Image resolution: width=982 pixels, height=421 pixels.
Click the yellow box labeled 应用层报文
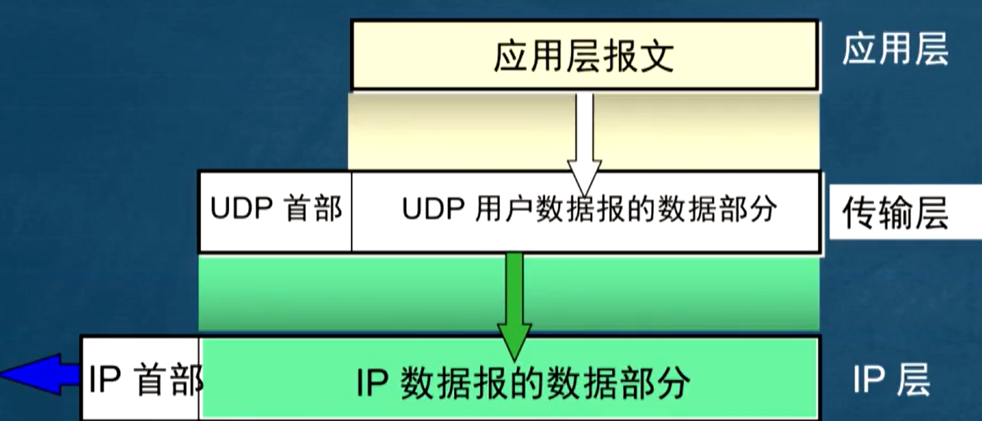(584, 55)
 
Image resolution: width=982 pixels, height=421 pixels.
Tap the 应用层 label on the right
(895, 50)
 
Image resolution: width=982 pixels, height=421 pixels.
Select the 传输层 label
(895, 214)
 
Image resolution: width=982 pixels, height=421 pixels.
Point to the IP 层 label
(891, 380)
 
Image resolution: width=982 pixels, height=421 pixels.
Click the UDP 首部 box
(275, 211)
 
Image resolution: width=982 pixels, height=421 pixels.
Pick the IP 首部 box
(141, 379)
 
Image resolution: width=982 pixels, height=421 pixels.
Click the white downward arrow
(584, 143)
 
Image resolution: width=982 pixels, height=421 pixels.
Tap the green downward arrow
(514, 303)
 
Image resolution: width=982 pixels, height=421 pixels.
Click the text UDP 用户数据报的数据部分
(589, 210)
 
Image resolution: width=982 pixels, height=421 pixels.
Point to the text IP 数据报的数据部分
(523, 382)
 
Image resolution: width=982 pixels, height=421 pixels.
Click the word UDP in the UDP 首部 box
(241, 209)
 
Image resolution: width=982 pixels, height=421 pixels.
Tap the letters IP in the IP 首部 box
(105, 380)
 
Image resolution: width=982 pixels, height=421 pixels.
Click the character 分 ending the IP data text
(672, 382)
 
